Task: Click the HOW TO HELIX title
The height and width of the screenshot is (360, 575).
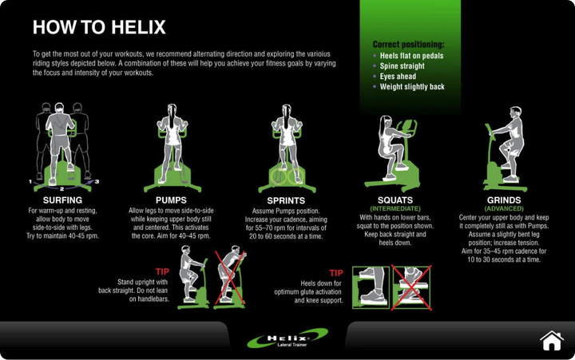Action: point(99,28)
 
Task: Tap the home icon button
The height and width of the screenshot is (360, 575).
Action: point(551,341)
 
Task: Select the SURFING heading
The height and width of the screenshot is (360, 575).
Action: point(62,200)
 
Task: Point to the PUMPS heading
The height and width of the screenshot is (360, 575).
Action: point(171,200)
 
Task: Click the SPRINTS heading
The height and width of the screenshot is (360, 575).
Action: point(285,201)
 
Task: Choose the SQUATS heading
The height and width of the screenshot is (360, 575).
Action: point(395,200)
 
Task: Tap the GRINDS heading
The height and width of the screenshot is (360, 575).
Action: point(504,200)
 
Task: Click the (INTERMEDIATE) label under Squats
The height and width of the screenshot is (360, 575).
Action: point(395,208)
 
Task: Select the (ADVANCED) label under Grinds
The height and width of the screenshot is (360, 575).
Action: point(504,208)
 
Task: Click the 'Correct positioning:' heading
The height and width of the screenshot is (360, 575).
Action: point(408,45)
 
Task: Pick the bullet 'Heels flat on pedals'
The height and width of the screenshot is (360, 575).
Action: point(411,56)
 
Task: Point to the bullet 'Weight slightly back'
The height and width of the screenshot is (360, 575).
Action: point(411,87)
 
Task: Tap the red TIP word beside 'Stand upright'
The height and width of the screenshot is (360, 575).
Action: point(162,272)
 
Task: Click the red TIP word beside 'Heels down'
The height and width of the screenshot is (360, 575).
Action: point(335,273)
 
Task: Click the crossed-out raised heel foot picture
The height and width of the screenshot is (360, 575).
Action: point(410,287)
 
